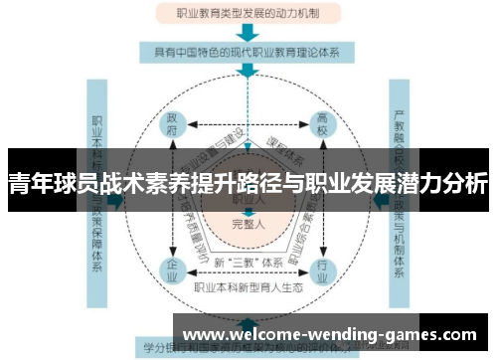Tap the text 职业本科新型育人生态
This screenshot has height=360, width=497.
tap(248, 285)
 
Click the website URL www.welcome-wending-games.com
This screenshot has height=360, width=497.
tap(332, 334)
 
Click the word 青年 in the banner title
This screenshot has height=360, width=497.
tap(29, 184)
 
